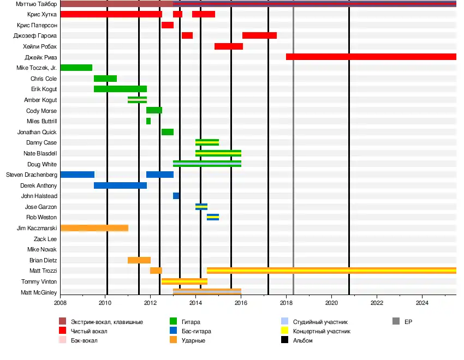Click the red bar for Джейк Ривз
click(371, 57)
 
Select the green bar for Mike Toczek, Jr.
click(76, 68)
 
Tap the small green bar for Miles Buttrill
click(148, 121)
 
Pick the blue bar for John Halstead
click(176, 196)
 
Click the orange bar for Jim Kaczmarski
click(94, 228)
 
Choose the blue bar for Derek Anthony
click(120, 185)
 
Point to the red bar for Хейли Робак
click(229, 46)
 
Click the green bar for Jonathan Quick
click(168, 132)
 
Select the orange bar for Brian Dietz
click(139, 260)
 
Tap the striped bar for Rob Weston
click(213, 217)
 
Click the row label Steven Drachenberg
click(31, 175)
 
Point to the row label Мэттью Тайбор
click(37, 4)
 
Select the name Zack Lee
click(45, 239)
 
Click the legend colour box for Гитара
click(174, 322)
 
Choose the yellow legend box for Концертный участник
click(284, 331)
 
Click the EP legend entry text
click(408, 322)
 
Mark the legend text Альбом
click(303, 340)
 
